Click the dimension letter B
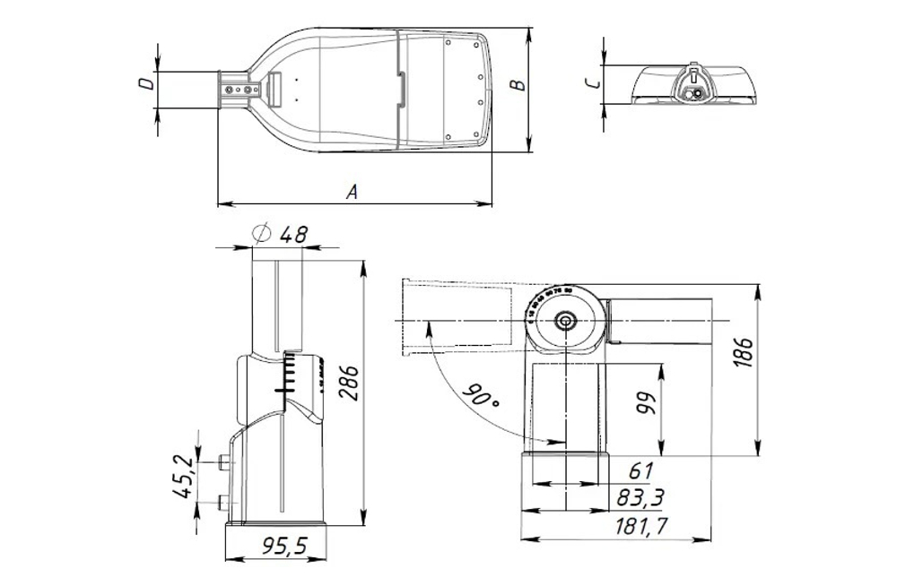[517, 86]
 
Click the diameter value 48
[293, 235]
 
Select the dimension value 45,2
[184, 476]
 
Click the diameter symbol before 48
[262, 234]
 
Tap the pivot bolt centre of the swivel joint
[564, 321]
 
